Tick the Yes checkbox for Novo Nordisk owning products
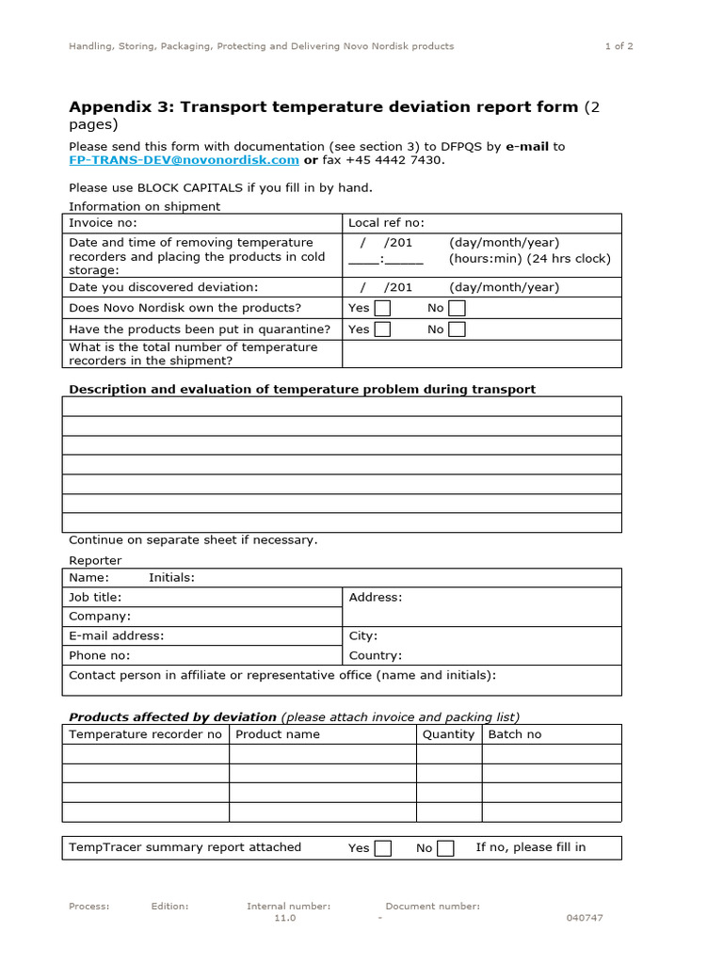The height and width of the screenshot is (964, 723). tap(382, 308)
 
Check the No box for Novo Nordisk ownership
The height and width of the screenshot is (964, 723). tap(457, 308)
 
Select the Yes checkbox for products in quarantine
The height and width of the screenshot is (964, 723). tap(382, 329)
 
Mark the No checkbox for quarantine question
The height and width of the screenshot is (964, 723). tap(457, 329)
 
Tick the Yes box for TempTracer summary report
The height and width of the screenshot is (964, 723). tap(383, 848)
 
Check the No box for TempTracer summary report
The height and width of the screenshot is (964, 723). tap(446, 848)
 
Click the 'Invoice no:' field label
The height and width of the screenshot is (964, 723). tap(103, 223)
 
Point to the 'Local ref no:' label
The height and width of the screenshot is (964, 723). tap(386, 223)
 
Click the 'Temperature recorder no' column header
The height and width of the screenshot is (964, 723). tap(145, 734)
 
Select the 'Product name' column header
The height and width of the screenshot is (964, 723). tap(278, 734)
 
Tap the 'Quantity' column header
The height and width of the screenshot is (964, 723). tap(448, 734)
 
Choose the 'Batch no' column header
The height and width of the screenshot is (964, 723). tap(514, 734)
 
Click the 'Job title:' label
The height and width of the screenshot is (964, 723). tap(95, 597)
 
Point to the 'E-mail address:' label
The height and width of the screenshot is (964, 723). tap(116, 635)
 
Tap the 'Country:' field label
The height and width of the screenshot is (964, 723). tap(375, 655)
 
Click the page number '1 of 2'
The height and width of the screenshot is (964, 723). tap(618, 45)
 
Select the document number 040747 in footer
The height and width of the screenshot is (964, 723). tap(584, 918)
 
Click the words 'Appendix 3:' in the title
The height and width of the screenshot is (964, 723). tap(120, 106)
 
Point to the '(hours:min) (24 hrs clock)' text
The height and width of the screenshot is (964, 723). tap(529, 258)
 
